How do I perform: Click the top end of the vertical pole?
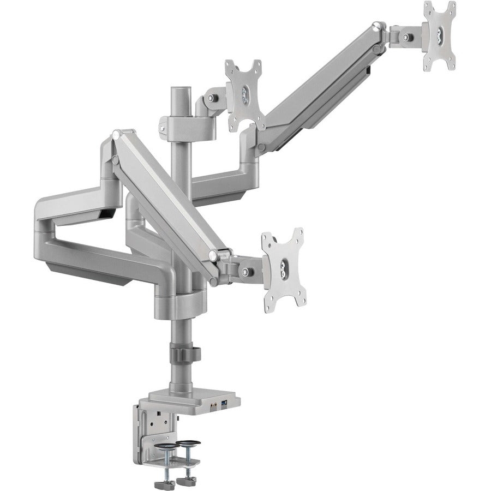point(177,89)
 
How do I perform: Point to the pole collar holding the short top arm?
point(177,123)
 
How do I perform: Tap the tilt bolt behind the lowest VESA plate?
point(248,271)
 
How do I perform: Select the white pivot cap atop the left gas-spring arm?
point(115,134)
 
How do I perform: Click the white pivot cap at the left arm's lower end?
point(213,255)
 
